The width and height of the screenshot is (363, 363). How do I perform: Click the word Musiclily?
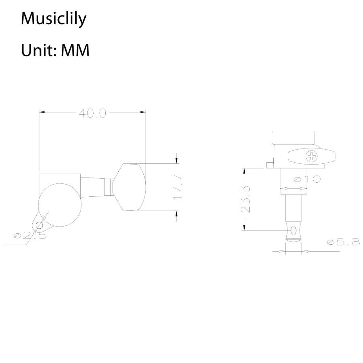[x=53, y=18]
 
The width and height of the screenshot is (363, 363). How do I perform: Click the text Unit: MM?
[x=55, y=50]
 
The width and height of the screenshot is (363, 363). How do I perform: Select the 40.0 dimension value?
[x=92, y=113]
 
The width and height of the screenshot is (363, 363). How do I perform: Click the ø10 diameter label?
[x=306, y=179]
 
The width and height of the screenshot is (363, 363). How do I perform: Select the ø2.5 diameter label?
[x=30, y=236]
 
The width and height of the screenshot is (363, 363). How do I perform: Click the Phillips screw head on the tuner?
[x=311, y=156]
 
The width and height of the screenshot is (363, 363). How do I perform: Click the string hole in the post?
[x=293, y=230]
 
